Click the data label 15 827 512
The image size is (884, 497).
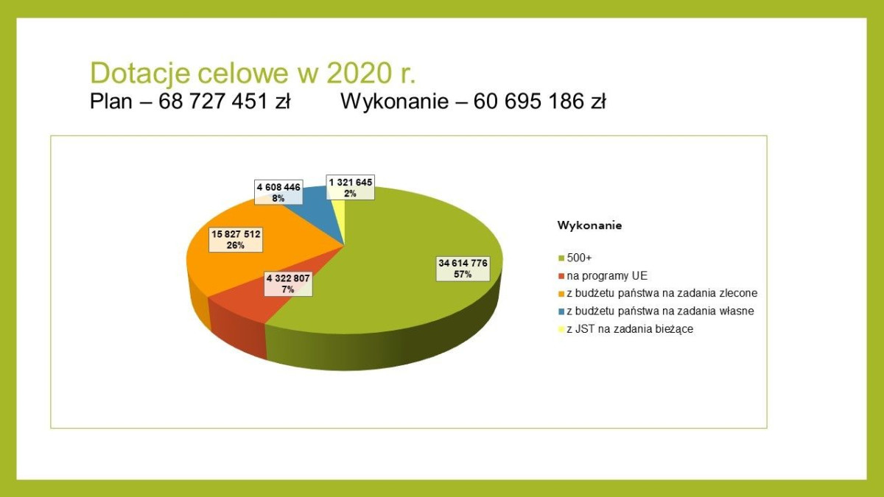236,239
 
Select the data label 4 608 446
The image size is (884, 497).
278,193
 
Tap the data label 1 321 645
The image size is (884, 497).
351,187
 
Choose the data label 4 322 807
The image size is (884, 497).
287,284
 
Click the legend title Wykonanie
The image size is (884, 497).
589,225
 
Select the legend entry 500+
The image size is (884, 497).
579,258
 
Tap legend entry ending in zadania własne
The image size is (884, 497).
660,311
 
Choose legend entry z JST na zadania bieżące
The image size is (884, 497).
630,329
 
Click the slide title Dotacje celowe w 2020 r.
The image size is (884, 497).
252,74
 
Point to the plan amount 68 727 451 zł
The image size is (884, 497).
225,102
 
